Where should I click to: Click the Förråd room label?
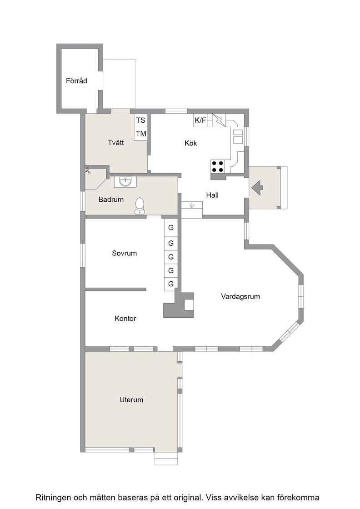pos(76,80)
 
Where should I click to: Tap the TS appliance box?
pos(140,120)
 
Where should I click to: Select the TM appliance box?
pos(140,134)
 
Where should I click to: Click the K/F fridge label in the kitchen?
pos(200,120)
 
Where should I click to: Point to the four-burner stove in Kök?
pos(217,166)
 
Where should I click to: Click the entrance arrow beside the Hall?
pos(257,188)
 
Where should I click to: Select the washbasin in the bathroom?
pos(125,181)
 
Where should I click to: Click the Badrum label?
pos(111,200)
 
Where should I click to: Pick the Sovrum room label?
pos(125,253)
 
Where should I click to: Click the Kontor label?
pos(125,319)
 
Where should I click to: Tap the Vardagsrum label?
pos(240,296)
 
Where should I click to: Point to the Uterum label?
pos(131,399)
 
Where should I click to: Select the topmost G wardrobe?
pos(171,227)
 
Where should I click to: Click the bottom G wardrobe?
pos(171,284)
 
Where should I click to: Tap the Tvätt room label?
pos(116,142)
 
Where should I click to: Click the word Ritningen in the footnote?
pos(53,497)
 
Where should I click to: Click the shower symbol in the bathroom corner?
pos(88,171)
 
